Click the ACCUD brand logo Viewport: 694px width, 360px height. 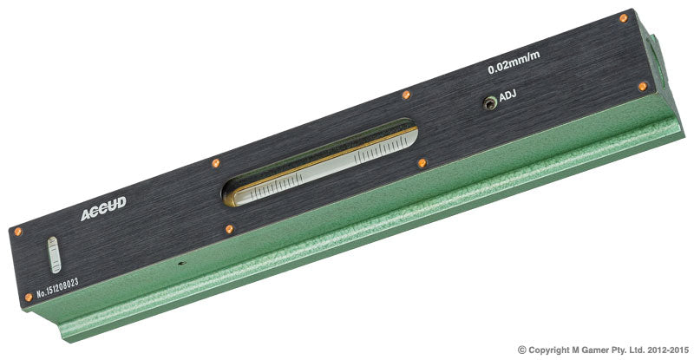pos(103,208)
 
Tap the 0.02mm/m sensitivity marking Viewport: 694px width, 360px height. pos(514,62)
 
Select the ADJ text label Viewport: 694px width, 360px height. pos(507,95)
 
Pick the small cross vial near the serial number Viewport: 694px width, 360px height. pos(54,255)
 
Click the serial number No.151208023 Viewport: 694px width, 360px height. pos(57,287)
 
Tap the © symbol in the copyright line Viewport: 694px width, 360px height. pos(522,350)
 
